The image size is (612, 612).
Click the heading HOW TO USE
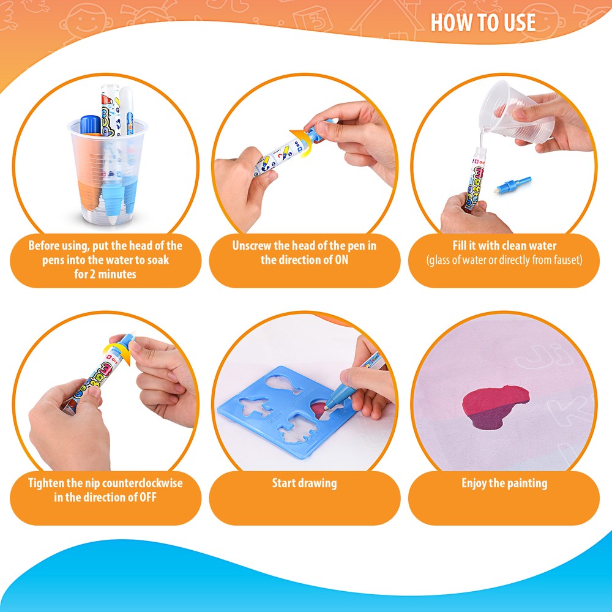click(483, 22)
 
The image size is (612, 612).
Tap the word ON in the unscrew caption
click(341, 260)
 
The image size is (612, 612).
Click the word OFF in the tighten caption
click(148, 497)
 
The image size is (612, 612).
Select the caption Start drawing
click(304, 483)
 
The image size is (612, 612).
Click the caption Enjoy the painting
click(504, 483)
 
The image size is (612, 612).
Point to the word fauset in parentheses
click(565, 260)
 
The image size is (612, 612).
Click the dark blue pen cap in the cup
click(91, 125)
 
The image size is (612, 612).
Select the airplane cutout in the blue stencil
click(256, 408)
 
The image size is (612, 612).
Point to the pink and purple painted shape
click(496, 406)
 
